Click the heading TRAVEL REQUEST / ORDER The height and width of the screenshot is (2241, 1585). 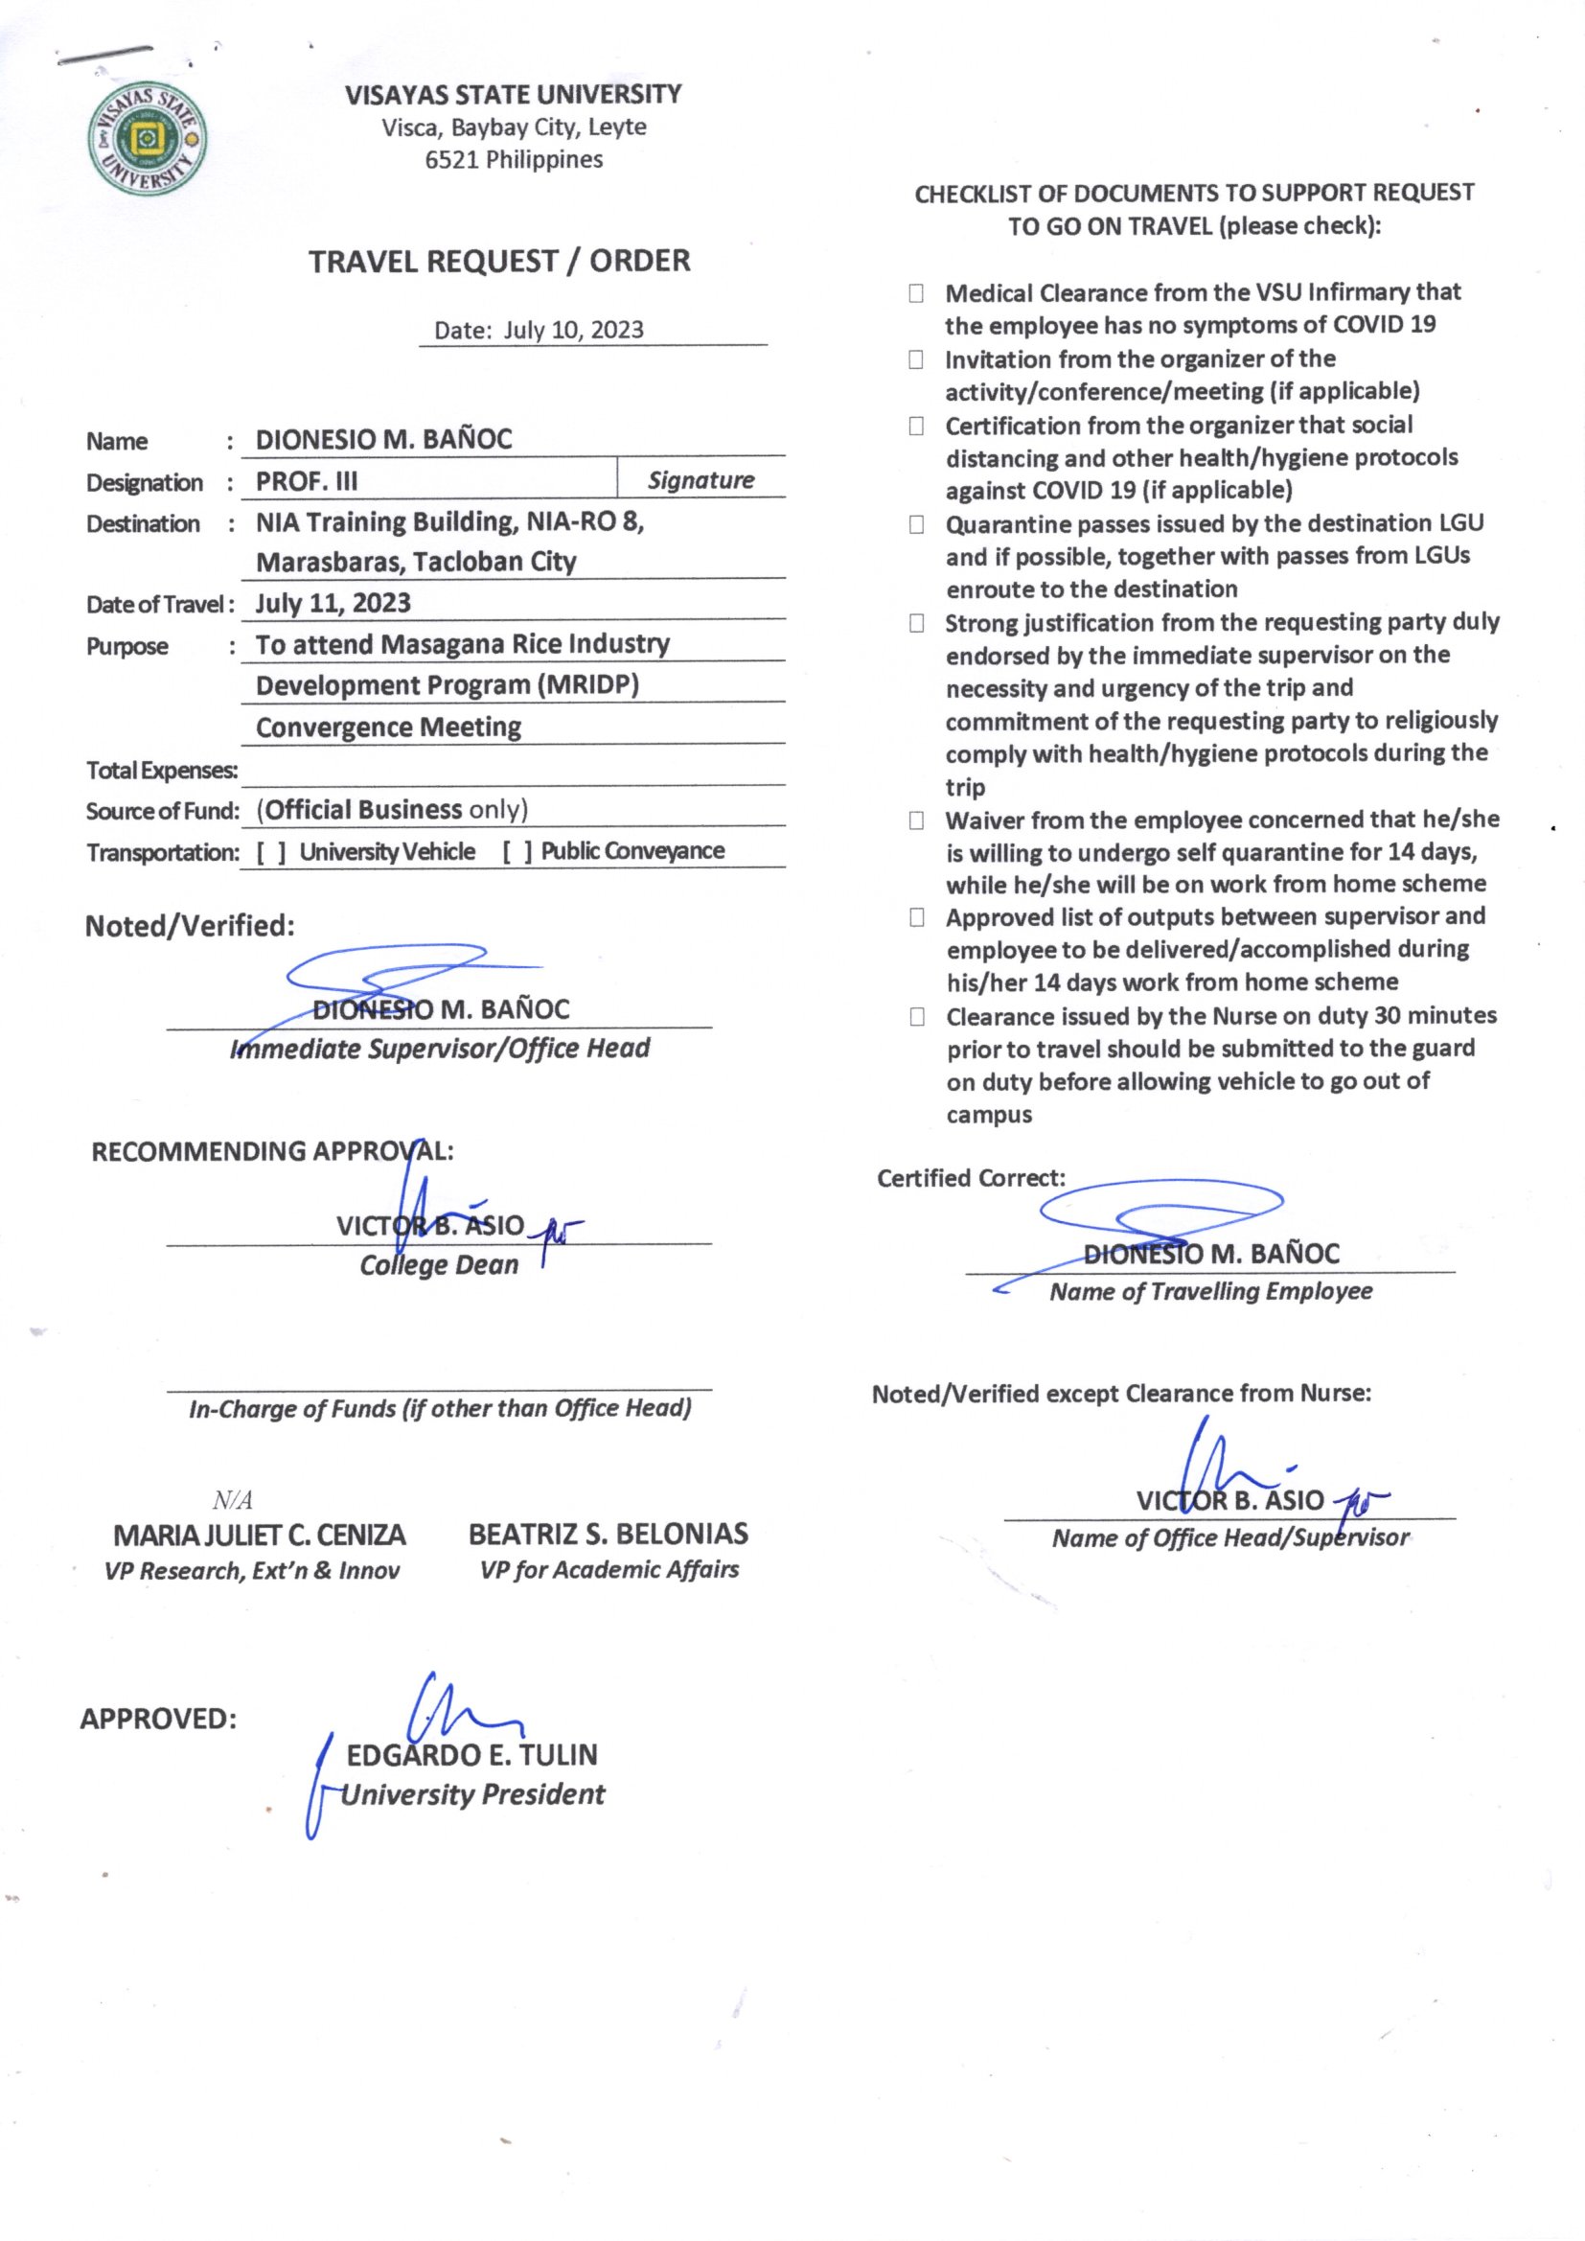click(498, 262)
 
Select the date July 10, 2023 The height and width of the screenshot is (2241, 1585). click(573, 330)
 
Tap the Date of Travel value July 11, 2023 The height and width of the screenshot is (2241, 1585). click(333, 603)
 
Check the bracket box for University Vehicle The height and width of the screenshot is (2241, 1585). click(271, 852)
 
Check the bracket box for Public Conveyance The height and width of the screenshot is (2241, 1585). click(517, 852)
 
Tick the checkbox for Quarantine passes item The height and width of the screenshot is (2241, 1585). click(915, 525)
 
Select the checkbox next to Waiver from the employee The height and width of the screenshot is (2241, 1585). click(915, 820)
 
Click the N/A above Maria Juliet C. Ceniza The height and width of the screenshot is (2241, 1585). click(232, 1499)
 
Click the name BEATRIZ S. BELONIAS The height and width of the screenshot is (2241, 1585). click(609, 1535)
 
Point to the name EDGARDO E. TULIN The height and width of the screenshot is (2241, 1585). click(471, 1755)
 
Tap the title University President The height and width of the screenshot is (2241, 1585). click(472, 1794)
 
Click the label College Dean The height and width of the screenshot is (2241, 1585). click(438, 1265)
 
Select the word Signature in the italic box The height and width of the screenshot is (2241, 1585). click(701, 480)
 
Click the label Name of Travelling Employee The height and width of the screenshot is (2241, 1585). click(1210, 1291)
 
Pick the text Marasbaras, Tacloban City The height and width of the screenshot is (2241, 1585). click(416, 563)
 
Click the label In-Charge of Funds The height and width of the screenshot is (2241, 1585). click(439, 1407)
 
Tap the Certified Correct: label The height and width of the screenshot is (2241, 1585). click(970, 1178)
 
